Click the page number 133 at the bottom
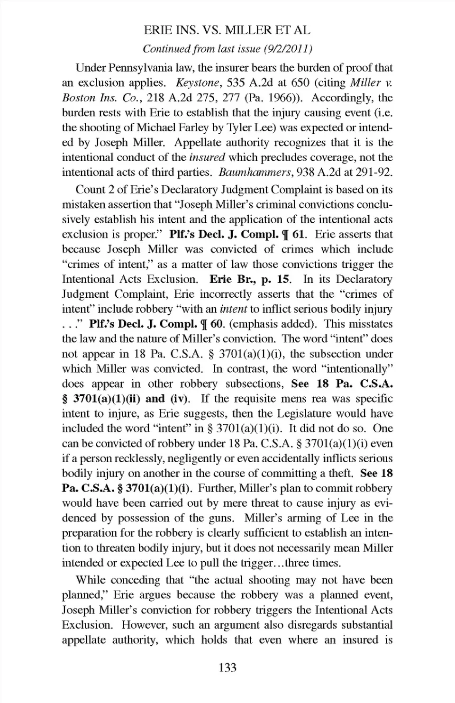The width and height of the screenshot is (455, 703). [x=227, y=668]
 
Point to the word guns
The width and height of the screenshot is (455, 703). [x=220, y=518]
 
